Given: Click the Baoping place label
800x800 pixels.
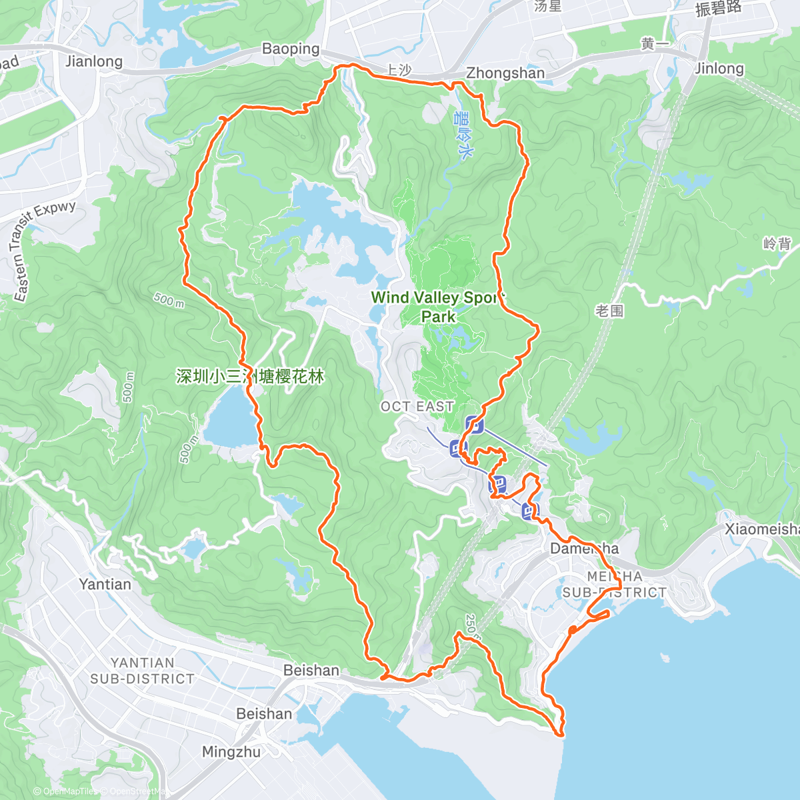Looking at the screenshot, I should (290, 49).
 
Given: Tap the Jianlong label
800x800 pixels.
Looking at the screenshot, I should (94, 61).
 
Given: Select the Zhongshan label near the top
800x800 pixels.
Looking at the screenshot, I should (505, 73).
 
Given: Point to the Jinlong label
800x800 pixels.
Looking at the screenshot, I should (719, 68).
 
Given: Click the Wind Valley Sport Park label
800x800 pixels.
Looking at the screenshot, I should (437, 307).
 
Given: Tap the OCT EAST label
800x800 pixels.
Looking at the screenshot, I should (417, 406).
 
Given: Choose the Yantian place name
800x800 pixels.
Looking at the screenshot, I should (105, 584).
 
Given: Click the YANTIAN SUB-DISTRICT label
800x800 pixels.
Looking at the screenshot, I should (142, 671).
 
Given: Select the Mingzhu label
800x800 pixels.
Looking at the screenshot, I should (231, 752).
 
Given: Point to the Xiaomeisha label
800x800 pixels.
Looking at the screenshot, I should (762, 529).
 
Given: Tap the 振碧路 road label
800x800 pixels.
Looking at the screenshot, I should (718, 8).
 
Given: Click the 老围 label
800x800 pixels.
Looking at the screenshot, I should (609, 311).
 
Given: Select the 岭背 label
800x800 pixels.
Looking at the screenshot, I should (777, 243).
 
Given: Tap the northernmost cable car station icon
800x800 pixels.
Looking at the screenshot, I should (474, 424).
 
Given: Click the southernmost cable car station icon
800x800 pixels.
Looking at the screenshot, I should (529, 511).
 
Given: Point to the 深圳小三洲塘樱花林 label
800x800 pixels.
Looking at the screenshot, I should (250, 377).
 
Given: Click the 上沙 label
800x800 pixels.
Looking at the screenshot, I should (399, 69).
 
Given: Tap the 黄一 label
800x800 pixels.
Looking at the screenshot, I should (655, 45).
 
